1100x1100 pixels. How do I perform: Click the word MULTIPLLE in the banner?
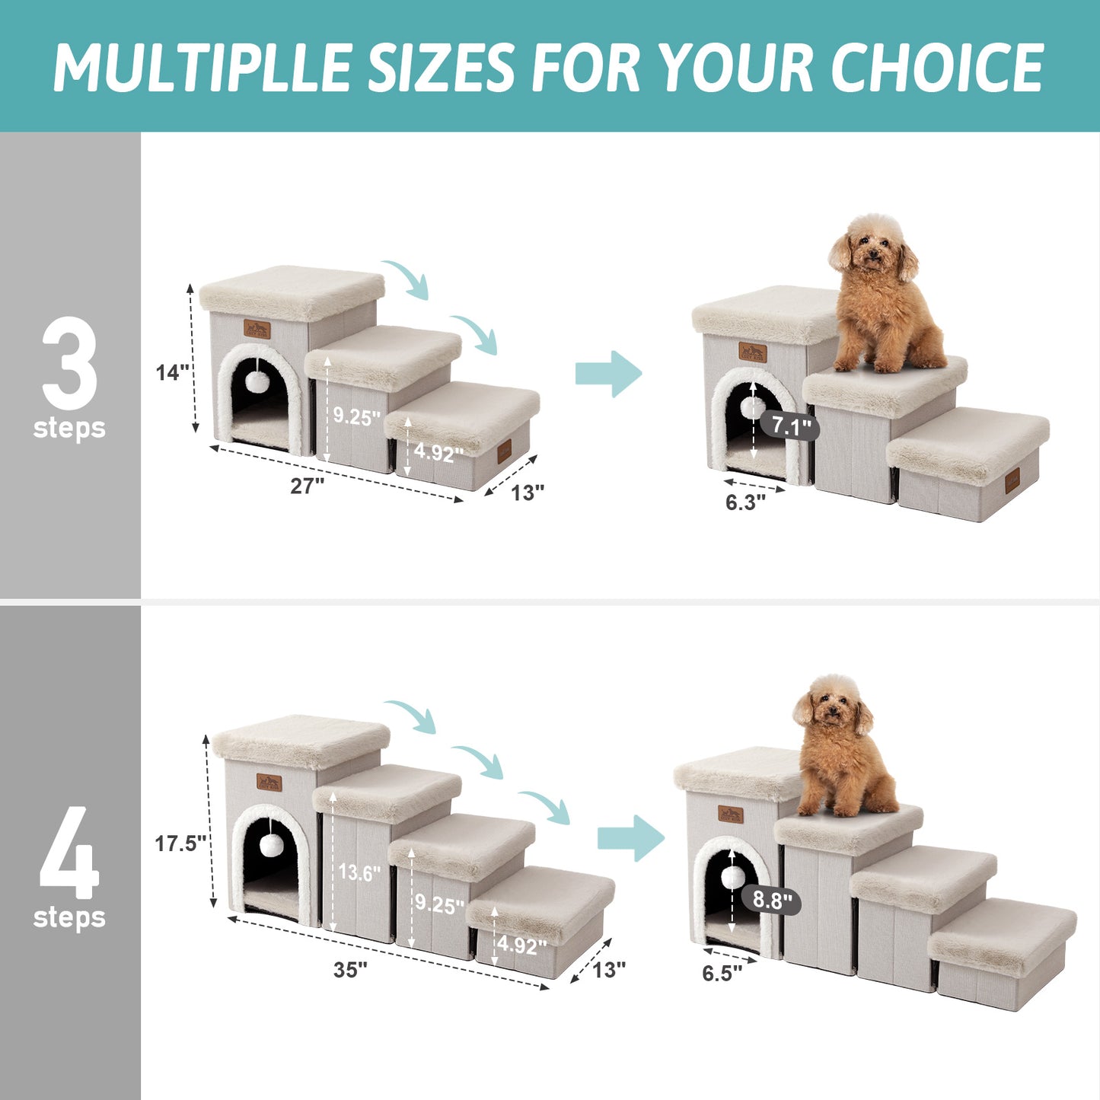pos(202,68)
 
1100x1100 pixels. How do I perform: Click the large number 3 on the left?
pos(69,363)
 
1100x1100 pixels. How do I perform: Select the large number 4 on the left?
pos(69,853)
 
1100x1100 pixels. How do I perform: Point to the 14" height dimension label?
pos(172,372)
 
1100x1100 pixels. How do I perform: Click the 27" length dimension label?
pos(307,486)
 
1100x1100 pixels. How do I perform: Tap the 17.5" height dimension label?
pos(180,843)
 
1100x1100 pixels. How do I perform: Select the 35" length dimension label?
pos(350,969)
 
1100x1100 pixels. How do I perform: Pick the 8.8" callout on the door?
pos(772,901)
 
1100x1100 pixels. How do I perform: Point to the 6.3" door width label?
pos(744,502)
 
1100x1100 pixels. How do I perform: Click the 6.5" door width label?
pos(722,974)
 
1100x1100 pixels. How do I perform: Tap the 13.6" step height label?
pos(359,872)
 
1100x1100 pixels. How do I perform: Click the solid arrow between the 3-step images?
pos(608,374)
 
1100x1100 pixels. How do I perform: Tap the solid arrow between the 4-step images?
pos(630,838)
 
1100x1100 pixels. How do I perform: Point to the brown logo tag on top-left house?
pos(257,330)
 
